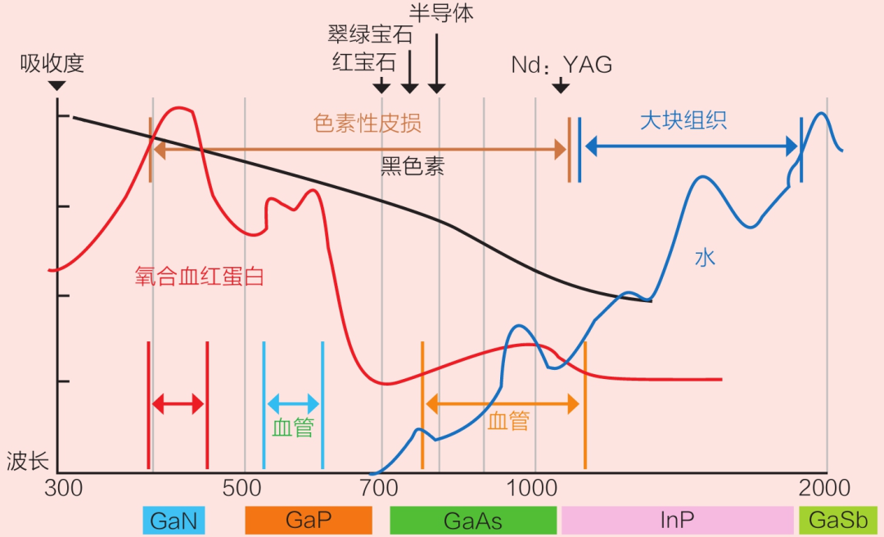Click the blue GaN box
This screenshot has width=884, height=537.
point(174,520)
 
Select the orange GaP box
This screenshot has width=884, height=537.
point(309,520)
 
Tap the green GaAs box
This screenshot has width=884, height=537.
point(473,520)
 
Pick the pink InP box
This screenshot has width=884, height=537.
point(677,520)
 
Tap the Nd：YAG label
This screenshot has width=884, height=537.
point(562,65)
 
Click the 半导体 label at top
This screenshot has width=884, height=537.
point(441,13)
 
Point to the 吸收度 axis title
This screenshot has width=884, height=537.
point(52,63)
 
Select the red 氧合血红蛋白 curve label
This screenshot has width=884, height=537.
point(199,277)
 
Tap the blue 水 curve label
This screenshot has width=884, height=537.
point(705,258)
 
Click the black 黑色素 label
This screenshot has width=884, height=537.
point(413,167)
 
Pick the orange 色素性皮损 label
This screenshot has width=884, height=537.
point(367,123)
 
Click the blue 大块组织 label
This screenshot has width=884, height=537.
point(683,120)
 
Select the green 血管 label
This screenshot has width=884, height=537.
point(293,427)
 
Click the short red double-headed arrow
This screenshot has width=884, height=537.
point(178,404)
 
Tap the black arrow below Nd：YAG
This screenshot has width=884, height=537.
point(561,86)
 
